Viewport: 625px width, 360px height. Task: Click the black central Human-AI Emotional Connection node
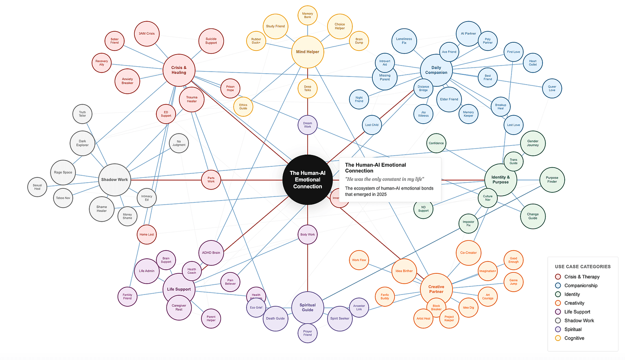click(x=307, y=179)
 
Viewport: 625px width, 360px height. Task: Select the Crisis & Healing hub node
click(x=179, y=70)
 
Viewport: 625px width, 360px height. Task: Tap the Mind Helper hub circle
click(x=307, y=52)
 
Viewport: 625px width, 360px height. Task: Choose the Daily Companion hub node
click(x=436, y=70)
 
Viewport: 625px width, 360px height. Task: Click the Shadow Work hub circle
click(x=114, y=179)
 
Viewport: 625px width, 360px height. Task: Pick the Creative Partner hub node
click(x=436, y=289)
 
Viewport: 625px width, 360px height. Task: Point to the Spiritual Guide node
click(x=307, y=307)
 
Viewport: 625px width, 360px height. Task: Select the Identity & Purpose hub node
click(x=500, y=179)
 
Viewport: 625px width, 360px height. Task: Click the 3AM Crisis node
click(x=146, y=33)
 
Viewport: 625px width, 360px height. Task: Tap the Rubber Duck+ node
click(x=256, y=41)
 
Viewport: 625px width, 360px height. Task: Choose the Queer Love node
click(x=552, y=88)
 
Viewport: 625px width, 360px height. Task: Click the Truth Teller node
click(x=82, y=114)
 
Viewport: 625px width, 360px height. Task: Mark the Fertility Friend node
click(x=127, y=297)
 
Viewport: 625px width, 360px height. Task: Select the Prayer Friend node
click(x=307, y=333)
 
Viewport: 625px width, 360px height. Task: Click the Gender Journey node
click(x=533, y=143)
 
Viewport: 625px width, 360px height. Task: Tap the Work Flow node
click(x=359, y=260)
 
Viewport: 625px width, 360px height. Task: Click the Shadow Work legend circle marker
click(x=558, y=321)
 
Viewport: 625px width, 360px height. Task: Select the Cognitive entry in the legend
click(x=574, y=338)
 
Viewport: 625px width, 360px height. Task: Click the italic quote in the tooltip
click(x=385, y=179)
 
